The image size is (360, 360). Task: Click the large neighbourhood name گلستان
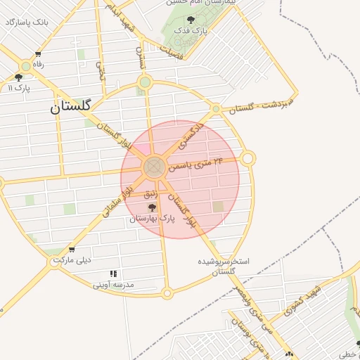pyautogui.click(x=71, y=108)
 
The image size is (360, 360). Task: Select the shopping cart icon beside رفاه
pyautogui.click(x=37, y=54)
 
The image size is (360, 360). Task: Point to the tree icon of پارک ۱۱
pyautogui.click(x=18, y=77)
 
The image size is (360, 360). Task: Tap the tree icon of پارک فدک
pyautogui.click(x=192, y=20)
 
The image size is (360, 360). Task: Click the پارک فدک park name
pyautogui.click(x=191, y=32)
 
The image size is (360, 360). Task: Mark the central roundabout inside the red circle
pyautogui.click(x=153, y=167)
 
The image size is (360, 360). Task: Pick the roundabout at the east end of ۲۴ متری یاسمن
pyautogui.click(x=247, y=159)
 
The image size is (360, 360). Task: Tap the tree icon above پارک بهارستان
pyautogui.click(x=152, y=207)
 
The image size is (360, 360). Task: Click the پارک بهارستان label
pyautogui.click(x=151, y=219)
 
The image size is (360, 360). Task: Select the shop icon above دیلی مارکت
pyautogui.click(x=71, y=250)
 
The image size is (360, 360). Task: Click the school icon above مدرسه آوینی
pyautogui.click(x=112, y=274)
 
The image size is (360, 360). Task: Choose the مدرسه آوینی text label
pyautogui.click(x=113, y=285)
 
